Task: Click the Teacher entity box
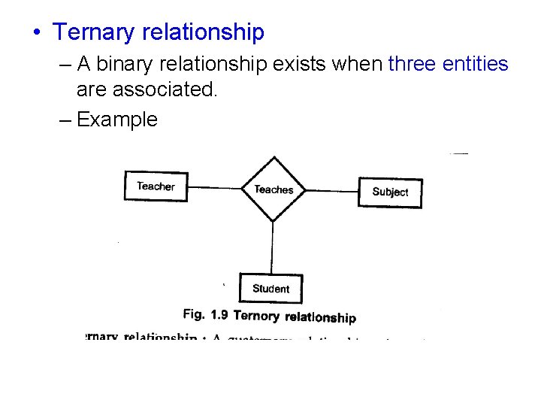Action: click(156, 186)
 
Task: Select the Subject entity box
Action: click(390, 192)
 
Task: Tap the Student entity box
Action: click(270, 288)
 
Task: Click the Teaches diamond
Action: click(274, 189)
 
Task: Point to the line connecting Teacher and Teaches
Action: click(214, 187)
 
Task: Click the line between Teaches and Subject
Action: click(331, 190)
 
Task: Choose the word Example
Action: click(117, 120)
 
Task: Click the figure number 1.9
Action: click(220, 316)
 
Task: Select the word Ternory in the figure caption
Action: click(256, 317)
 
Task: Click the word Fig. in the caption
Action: click(193, 315)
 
